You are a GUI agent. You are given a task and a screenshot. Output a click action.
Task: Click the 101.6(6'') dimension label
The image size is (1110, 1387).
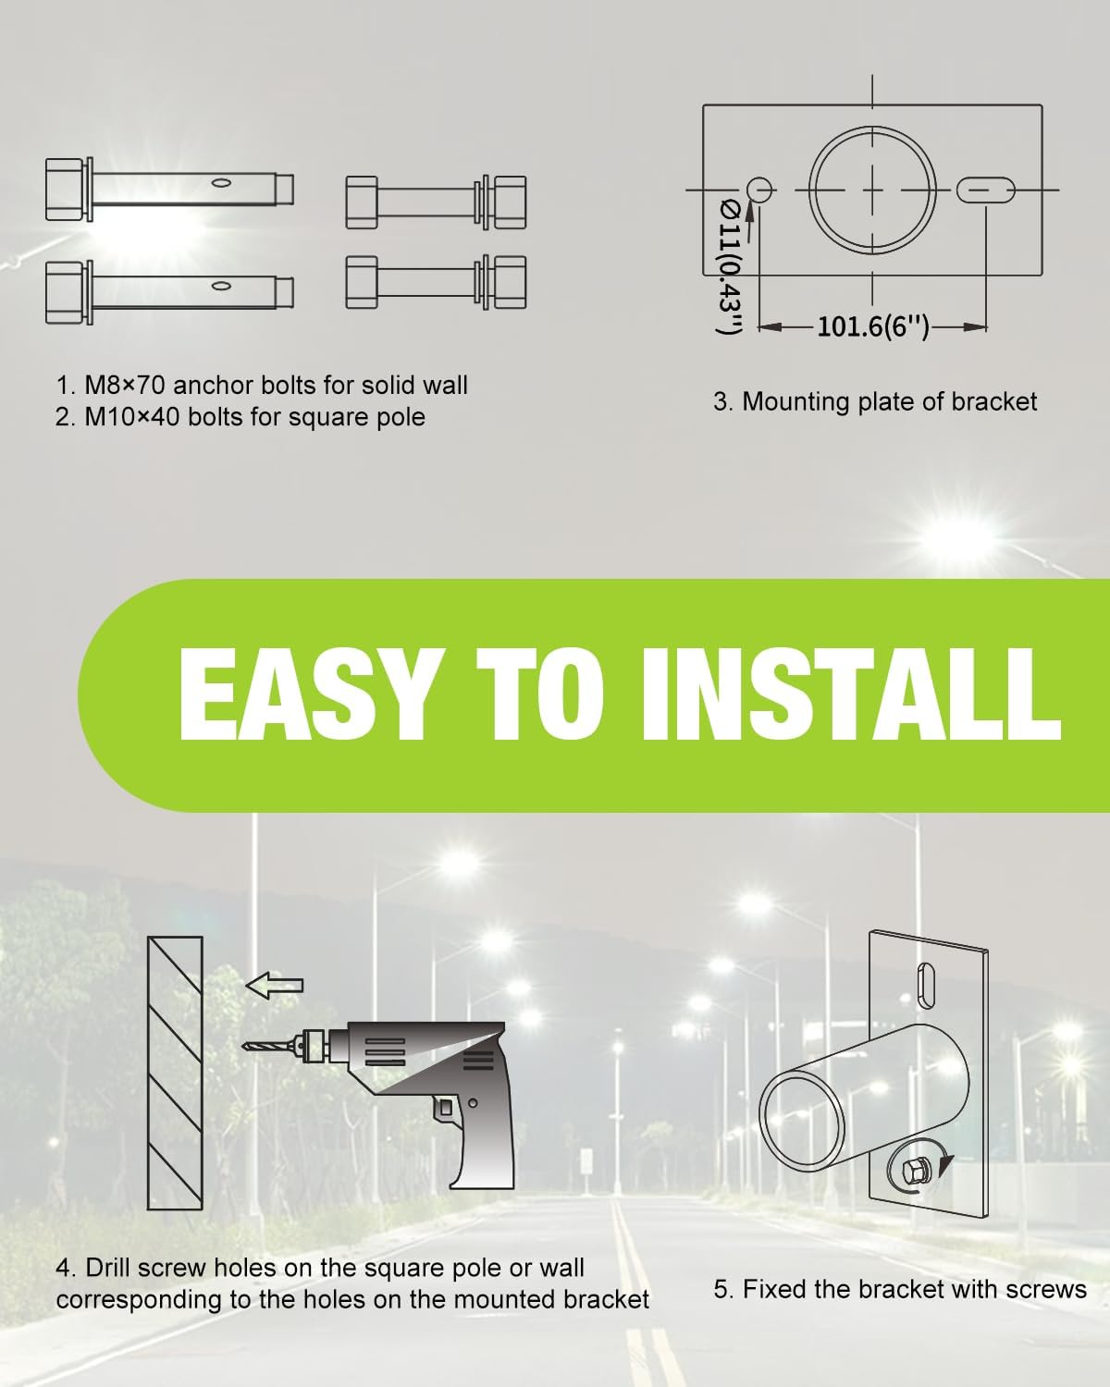click(x=872, y=327)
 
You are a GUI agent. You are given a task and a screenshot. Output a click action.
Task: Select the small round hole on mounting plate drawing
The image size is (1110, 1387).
click(x=760, y=190)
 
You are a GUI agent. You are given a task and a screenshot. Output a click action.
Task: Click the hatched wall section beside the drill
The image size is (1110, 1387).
click(x=175, y=1073)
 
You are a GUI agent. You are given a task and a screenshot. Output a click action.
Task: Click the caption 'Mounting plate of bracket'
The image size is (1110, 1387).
click(x=889, y=401)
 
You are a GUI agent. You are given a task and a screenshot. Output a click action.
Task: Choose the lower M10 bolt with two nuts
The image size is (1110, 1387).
click(x=435, y=281)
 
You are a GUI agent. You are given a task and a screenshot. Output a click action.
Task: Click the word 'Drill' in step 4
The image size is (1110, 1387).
click(x=115, y=1268)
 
